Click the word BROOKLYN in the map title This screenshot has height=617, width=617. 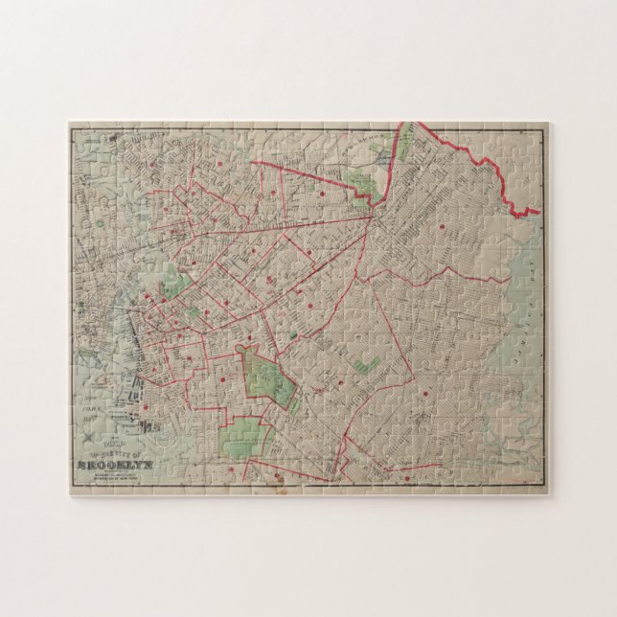pyautogui.click(x=113, y=468)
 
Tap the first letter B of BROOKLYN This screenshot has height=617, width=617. pyautogui.click(x=80, y=468)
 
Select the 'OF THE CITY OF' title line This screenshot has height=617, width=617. pyautogui.click(x=113, y=457)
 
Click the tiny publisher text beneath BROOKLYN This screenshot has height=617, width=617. pyautogui.click(x=113, y=478)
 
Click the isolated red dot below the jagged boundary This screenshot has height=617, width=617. pyautogui.click(x=443, y=227)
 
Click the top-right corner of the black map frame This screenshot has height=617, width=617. pyautogui.click(x=545, y=127)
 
